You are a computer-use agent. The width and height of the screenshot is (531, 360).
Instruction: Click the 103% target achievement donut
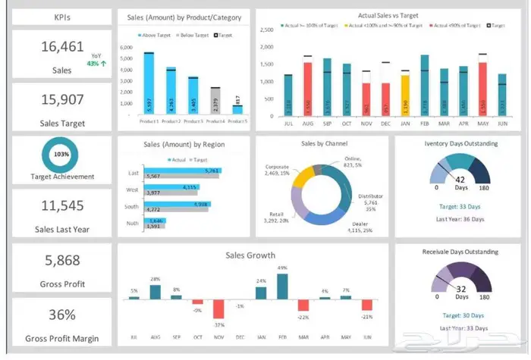(61, 154)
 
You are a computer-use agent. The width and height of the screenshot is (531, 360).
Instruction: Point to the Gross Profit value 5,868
(62, 261)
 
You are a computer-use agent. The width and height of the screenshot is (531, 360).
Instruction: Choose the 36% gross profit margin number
(62, 315)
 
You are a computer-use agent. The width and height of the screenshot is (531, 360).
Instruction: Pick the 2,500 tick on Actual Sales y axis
(267, 30)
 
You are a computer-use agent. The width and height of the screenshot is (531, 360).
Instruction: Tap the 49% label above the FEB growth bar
(282, 268)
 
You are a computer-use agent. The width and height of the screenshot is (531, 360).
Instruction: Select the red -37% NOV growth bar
(218, 309)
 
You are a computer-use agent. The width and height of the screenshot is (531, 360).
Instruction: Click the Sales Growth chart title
(250, 255)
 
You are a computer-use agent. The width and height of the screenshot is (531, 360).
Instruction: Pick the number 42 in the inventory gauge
(460, 180)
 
